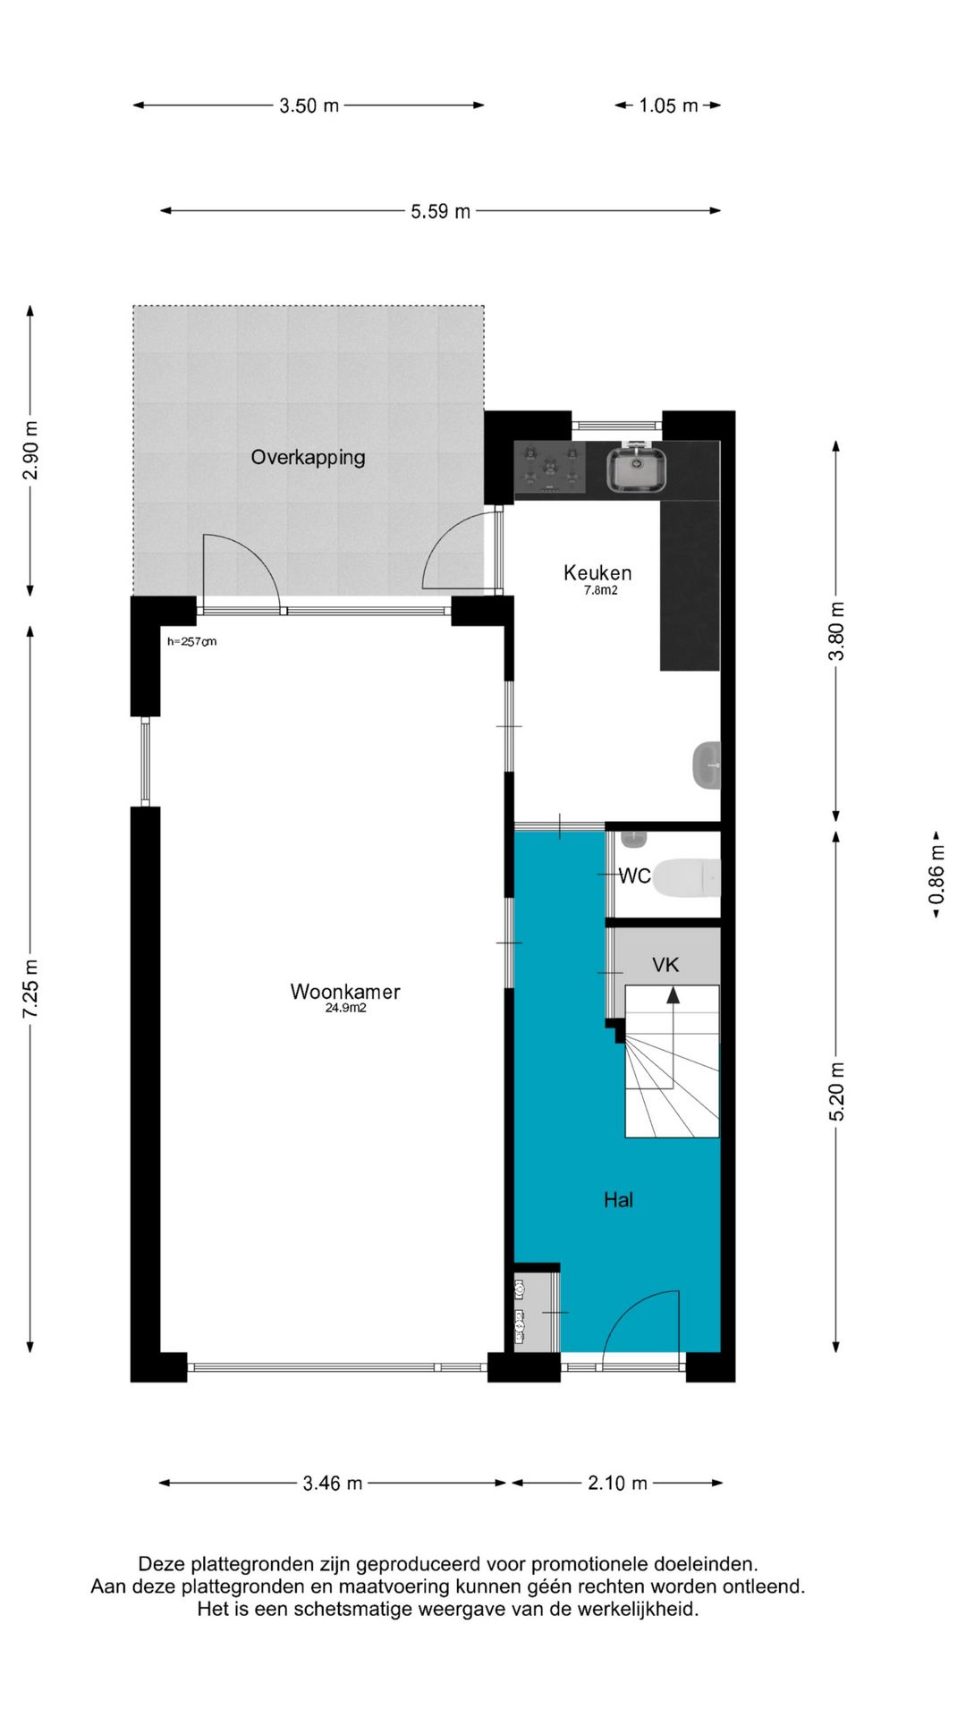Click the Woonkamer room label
[x=345, y=991]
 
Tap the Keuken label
[x=597, y=572]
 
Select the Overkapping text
[x=308, y=457]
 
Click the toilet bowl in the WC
[x=685, y=877]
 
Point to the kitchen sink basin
[x=637, y=470]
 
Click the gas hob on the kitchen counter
[x=550, y=468]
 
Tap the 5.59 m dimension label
[x=440, y=211]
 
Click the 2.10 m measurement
[x=617, y=1483]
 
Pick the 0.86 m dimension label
[x=936, y=875]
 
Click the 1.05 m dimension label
[x=668, y=106]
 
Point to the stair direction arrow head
[x=673, y=994]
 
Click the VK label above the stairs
[x=665, y=964]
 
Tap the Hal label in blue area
[x=618, y=1199]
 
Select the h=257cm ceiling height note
[x=191, y=641]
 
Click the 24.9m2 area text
[x=345, y=1008]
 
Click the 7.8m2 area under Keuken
[x=601, y=590]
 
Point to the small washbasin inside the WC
[x=633, y=839]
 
